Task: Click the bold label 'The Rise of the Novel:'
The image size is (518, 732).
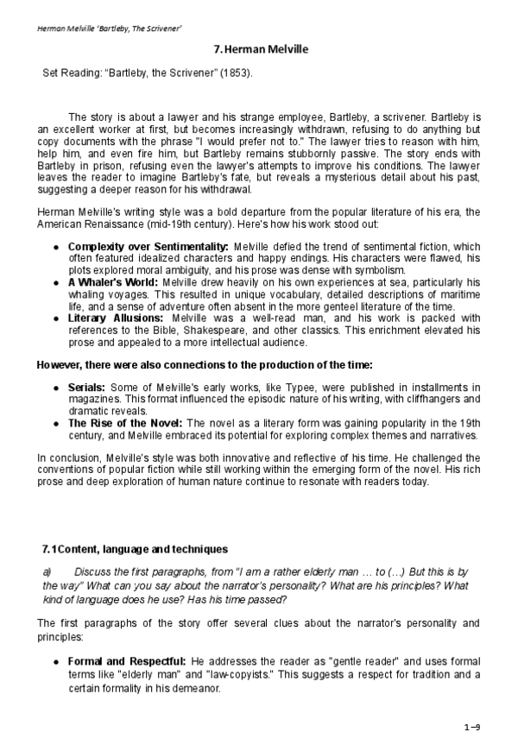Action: [125, 423]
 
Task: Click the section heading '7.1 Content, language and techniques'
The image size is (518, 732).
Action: [136, 548]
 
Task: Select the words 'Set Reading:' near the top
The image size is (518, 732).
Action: [72, 74]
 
